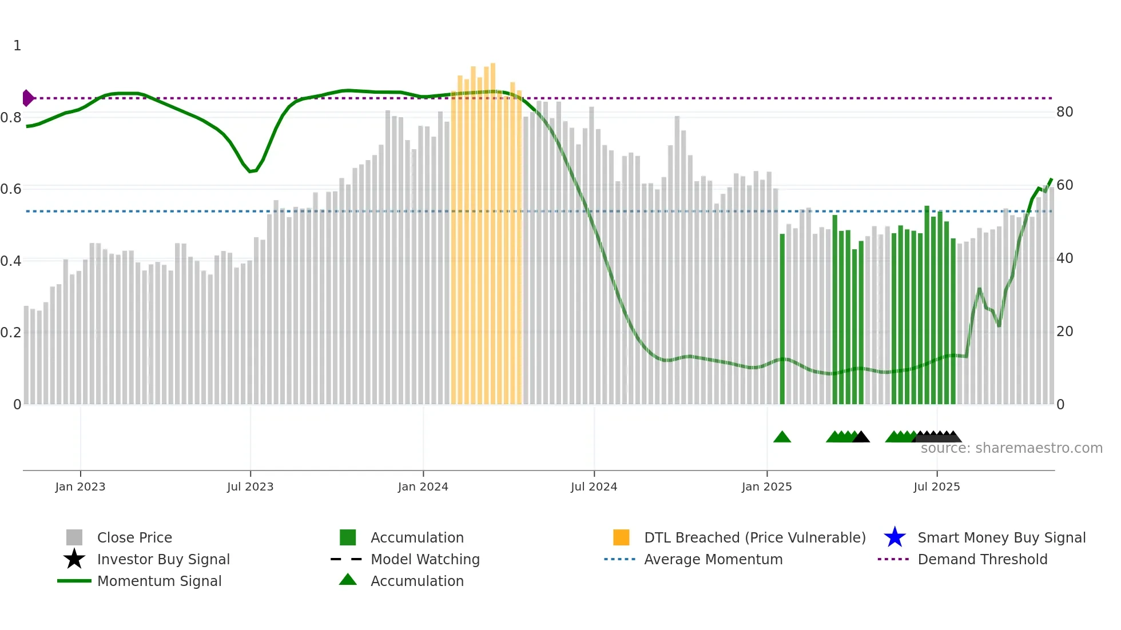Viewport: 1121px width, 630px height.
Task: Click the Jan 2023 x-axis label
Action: (80, 487)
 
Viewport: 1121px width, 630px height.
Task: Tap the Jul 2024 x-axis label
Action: (594, 487)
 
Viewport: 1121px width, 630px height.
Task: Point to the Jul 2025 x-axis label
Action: (936, 487)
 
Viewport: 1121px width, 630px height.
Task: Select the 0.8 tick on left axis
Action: (11, 118)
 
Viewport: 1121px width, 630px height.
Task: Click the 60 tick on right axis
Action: (1064, 185)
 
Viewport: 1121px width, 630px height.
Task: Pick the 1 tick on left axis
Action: (17, 46)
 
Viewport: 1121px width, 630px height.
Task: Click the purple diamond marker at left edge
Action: (27, 98)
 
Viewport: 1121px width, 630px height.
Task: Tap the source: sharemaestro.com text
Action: (1011, 448)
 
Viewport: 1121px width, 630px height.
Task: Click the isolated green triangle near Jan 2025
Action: (782, 437)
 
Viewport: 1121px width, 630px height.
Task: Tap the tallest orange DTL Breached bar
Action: (492, 229)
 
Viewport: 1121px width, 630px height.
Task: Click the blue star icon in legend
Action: (895, 537)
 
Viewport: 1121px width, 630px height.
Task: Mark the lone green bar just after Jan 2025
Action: (782, 320)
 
